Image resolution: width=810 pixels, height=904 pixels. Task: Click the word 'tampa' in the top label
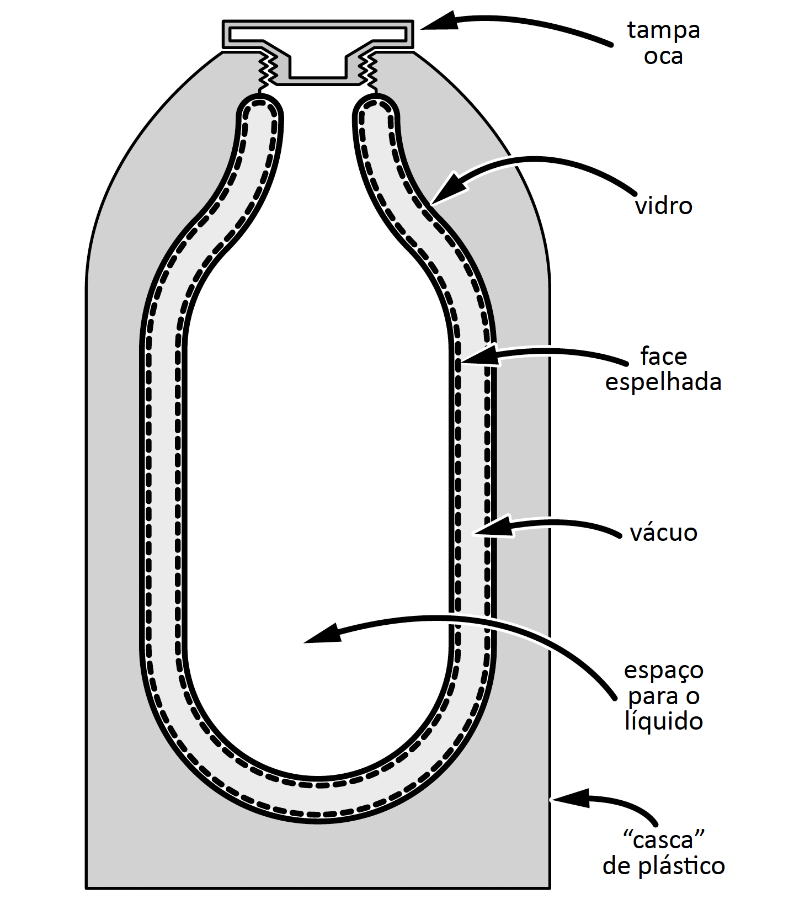[663, 31]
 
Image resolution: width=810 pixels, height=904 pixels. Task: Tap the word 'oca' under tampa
[663, 56]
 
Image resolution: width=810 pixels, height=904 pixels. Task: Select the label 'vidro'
[664, 206]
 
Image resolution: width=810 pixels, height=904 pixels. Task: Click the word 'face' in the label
[663, 357]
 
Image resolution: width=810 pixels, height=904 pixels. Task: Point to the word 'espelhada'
[663, 382]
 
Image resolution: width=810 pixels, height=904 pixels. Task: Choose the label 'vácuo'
[663, 533]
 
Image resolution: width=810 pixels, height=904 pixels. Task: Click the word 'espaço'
[663, 671]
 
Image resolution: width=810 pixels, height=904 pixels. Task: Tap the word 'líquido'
[663, 721]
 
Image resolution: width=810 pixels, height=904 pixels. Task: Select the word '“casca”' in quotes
[664, 840]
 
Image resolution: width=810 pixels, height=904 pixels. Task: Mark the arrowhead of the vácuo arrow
[492, 527]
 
